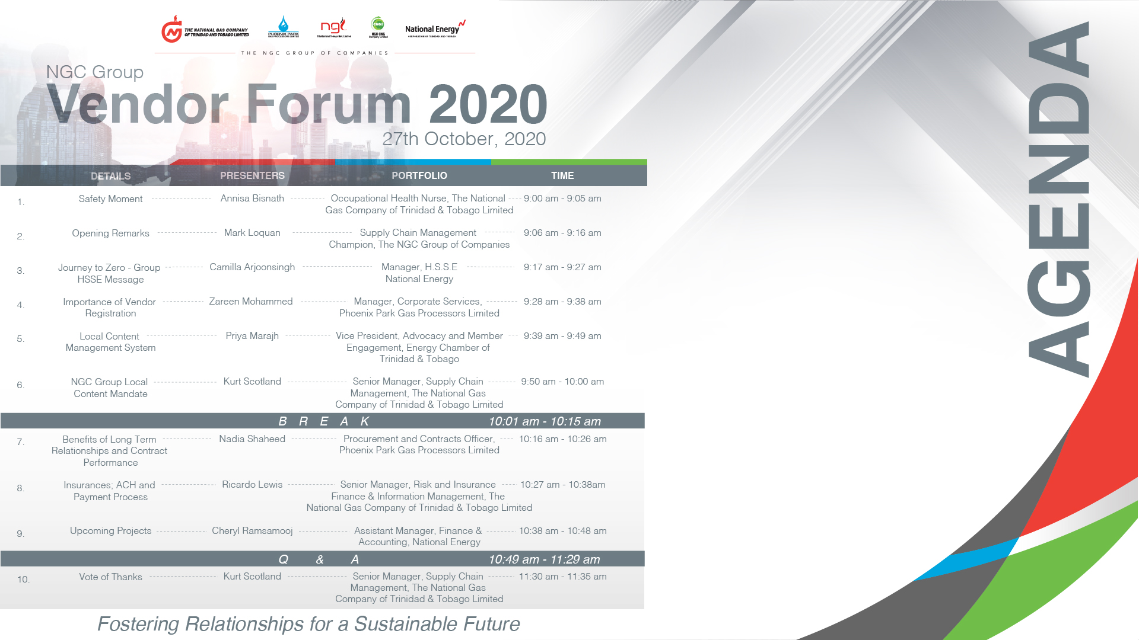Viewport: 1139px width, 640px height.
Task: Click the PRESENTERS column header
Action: pyautogui.click(x=252, y=175)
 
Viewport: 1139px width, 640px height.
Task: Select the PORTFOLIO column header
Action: pyautogui.click(x=419, y=175)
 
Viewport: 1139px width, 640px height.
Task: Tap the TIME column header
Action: pyautogui.click(x=562, y=175)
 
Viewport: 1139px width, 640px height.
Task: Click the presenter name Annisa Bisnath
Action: pyautogui.click(x=252, y=199)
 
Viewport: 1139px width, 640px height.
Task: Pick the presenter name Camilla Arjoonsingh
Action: pyautogui.click(x=252, y=267)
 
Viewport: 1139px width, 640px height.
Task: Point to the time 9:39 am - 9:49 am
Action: pyautogui.click(x=562, y=336)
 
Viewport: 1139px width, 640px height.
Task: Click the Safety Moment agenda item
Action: pyautogui.click(x=110, y=199)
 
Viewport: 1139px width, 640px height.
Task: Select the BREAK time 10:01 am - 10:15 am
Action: pyautogui.click(x=545, y=421)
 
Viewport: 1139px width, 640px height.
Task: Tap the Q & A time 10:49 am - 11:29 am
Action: pyautogui.click(x=544, y=559)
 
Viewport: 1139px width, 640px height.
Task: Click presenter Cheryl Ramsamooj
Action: pyautogui.click(x=252, y=531)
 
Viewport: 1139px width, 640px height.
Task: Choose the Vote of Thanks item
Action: pyautogui.click(x=110, y=577)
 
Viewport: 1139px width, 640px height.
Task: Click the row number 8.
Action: pyautogui.click(x=20, y=488)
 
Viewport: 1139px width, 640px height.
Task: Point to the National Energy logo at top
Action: pyautogui.click(x=435, y=29)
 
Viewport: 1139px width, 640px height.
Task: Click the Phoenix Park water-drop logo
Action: pyautogui.click(x=284, y=27)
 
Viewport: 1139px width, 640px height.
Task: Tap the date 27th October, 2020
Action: pyautogui.click(x=464, y=139)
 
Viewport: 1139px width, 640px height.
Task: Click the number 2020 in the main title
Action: pyautogui.click(x=488, y=104)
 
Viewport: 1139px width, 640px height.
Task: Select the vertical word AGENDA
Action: pyautogui.click(x=1060, y=199)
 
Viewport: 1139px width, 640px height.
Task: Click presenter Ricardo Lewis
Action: pyautogui.click(x=252, y=485)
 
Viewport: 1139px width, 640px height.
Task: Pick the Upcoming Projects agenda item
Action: pyautogui.click(x=110, y=531)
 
